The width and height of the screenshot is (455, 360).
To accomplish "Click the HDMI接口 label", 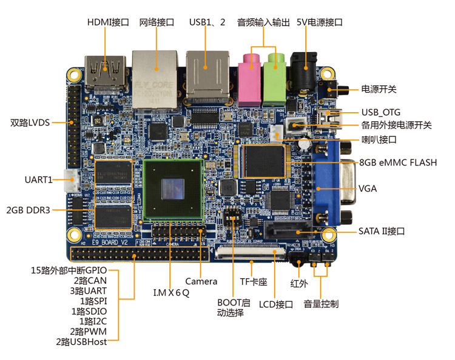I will coord(108,22).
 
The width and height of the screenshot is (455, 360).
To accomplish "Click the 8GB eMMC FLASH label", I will coord(398,162).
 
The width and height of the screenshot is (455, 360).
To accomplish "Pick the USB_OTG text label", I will coord(381,112).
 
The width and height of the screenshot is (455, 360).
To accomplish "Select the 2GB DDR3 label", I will coord(28,210).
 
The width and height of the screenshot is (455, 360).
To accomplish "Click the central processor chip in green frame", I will coord(173,189).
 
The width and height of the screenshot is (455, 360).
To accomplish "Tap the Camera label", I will coord(201,281).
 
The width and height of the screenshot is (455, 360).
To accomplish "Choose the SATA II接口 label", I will coord(381,232).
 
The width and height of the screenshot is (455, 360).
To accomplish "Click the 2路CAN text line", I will coord(90,281).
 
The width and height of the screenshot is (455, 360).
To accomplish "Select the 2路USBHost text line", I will coord(81,342).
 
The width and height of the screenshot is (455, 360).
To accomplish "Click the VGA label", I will coord(368,188).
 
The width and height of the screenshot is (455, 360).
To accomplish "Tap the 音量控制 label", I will coord(321,304).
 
